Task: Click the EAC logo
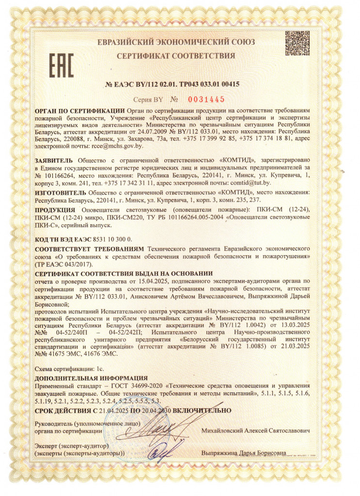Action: coord(61,66)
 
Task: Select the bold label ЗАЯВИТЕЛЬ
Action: coord(54,160)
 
